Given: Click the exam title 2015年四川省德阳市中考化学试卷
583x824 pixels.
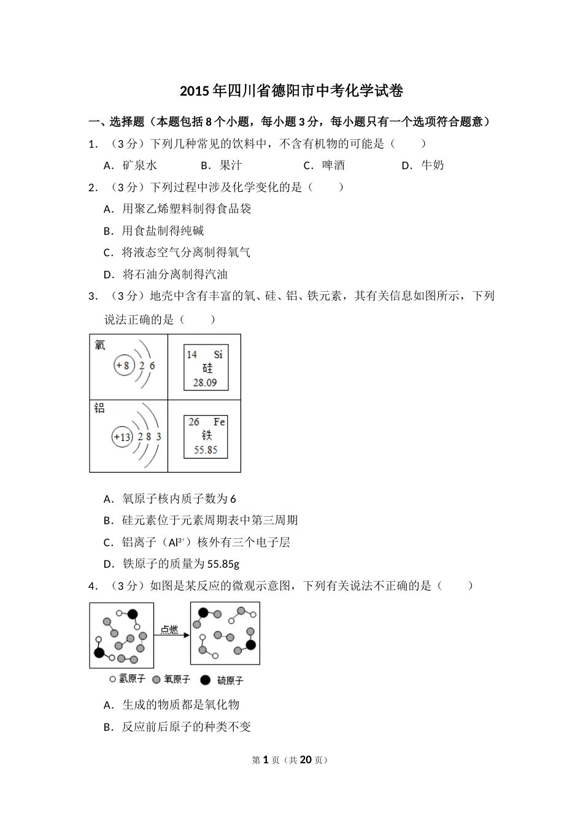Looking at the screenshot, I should point(291,91).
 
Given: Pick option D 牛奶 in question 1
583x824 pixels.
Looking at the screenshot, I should point(423,165).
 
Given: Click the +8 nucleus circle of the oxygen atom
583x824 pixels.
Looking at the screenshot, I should point(123,366).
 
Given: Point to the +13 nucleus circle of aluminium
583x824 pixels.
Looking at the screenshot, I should point(122,437).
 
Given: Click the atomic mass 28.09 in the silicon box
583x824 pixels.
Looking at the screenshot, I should point(205,383).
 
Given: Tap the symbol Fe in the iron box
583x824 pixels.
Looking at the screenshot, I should point(219,422).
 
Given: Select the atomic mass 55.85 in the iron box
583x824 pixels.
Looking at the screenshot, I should point(206,450).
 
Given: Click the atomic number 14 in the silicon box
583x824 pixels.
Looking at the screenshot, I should point(191,354).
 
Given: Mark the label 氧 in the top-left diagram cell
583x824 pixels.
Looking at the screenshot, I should point(100,346).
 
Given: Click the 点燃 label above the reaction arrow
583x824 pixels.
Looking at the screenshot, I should point(170,629).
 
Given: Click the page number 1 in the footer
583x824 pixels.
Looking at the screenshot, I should point(266,760).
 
